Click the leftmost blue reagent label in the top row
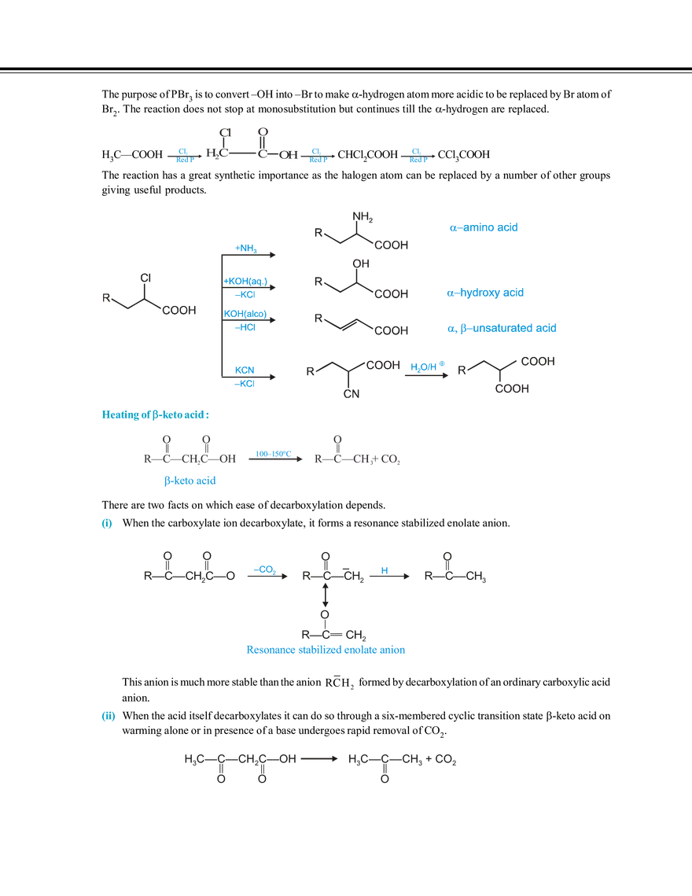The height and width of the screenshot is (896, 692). [x=184, y=155]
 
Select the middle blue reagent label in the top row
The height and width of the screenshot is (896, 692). [x=317, y=155]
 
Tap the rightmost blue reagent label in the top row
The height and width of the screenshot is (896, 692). [x=417, y=155]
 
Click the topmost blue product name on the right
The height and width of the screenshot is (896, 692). [x=484, y=227]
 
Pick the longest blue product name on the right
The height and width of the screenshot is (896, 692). [x=502, y=327]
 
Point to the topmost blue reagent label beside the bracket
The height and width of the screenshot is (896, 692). [x=247, y=249]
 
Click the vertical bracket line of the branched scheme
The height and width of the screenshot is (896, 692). [x=215, y=314]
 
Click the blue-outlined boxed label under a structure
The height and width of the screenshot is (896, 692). [x=189, y=481]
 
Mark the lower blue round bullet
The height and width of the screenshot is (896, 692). [x=108, y=716]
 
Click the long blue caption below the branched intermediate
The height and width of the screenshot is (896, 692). [x=326, y=651]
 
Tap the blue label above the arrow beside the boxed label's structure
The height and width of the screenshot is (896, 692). [x=274, y=452]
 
